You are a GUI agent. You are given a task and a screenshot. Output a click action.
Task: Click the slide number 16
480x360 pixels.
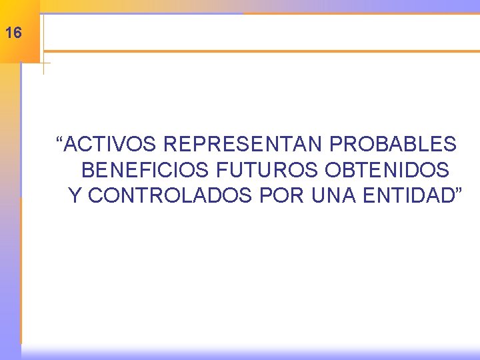(13, 32)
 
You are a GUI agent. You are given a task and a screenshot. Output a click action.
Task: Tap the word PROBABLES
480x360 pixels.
(393, 144)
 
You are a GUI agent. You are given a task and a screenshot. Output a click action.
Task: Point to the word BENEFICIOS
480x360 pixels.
(146, 170)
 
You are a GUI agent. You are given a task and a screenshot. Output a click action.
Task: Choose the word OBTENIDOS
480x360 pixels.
(387, 170)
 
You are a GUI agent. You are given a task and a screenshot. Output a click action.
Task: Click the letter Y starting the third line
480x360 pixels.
(75, 196)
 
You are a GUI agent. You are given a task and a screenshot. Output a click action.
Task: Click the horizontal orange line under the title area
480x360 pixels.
(260, 51)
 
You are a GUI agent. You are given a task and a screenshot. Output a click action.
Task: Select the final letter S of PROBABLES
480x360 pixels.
(451, 144)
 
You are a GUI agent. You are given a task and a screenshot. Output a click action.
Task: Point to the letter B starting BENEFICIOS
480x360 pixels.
(87, 170)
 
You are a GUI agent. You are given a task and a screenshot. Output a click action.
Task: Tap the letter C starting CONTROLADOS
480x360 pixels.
(95, 196)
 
